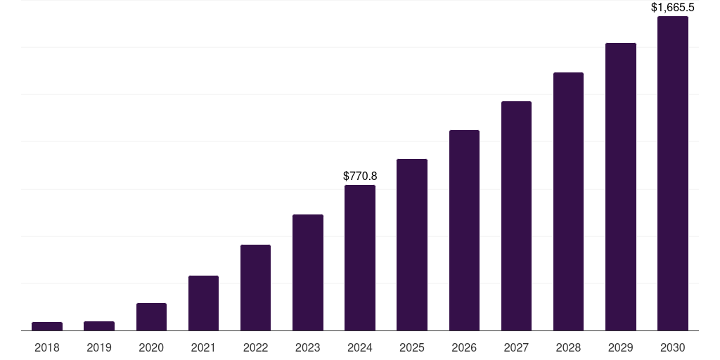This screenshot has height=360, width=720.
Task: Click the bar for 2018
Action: pyautogui.click(x=47, y=326)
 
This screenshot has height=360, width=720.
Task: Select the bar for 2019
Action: pyautogui.click(x=99, y=326)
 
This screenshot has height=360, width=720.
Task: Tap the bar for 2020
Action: pyautogui.click(x=151, y=316)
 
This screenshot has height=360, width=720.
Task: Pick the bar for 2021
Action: pyautogui.click(x=203, y=303)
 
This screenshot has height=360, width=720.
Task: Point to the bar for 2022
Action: pyautogui.click(x=255, y=288)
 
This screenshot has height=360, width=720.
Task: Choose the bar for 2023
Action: pyautogui.click(x=308, y=272)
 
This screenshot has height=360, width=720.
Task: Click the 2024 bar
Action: pyautogui.click(x=360, y=257)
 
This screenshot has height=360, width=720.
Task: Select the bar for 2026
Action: pyautogui.click(x=464, y=230)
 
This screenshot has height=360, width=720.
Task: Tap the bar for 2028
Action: pyautogui.click(x=568, y=201)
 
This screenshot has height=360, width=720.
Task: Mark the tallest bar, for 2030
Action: pyautogui.click(x=673, y=173)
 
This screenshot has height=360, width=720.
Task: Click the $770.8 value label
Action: pyautogui.click(x=360, y=176)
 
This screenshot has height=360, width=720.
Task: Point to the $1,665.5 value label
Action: pyautogui.click(x=673, y=8)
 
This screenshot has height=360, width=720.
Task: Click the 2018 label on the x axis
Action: pyautogui.click(x=47, y=347)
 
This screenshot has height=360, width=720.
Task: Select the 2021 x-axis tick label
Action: pyautogui.click(x=203, y=347)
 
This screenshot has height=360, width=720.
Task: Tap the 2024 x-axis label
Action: pyautogui.click(x=360, y=347)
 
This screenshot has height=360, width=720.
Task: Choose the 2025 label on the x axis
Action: pyautogui.click(x=412, y=347)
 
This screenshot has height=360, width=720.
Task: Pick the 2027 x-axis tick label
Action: pyautogui.click(x=516, y=347)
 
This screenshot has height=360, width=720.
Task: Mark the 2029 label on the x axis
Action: pyautogui.click(x=620, y=347)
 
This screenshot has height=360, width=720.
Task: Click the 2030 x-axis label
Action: pyautogui.click(x=673, y=347)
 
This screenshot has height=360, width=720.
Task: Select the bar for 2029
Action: pyautogui.click(x=620, y=186)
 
